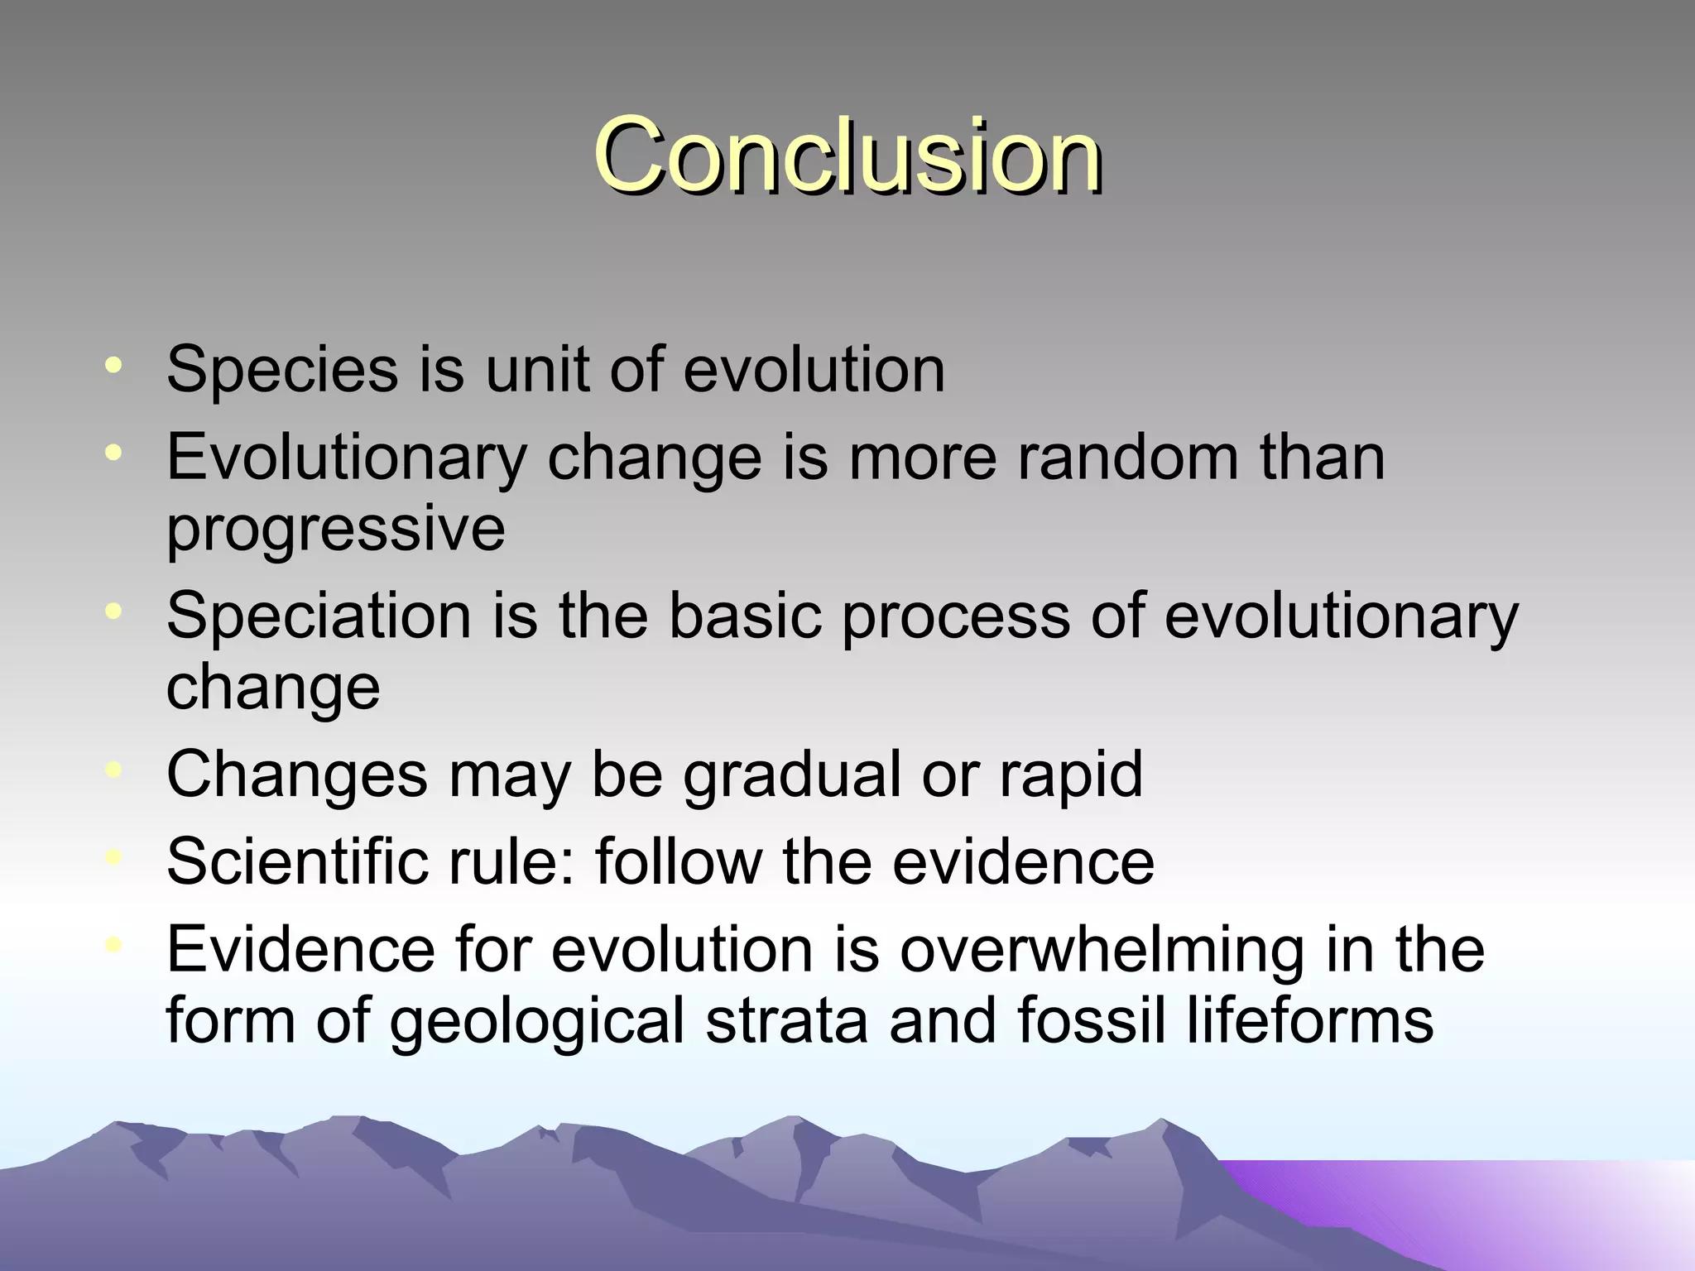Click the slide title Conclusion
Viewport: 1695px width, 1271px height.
click(x=847, y=156)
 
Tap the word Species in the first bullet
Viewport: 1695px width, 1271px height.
click(x=282, y=370)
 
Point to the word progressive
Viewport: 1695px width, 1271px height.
click(x=335, y=530)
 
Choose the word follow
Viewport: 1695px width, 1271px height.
click(x=678, y=861)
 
